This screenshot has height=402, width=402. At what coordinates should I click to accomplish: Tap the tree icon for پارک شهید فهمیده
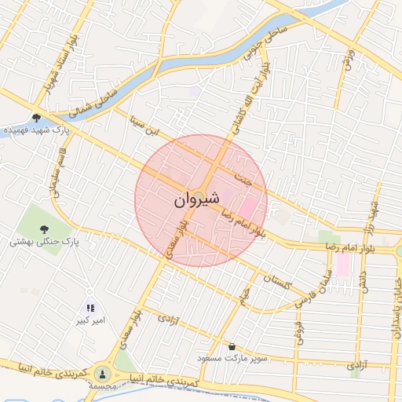click(x=36, y=118)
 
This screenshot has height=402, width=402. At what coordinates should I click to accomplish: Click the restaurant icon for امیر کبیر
click(x=90, y=307)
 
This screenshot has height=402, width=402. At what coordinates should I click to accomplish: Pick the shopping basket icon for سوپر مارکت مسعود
click(x=232, y=346)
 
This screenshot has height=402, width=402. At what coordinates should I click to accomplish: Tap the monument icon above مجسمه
click(x=103, y=373)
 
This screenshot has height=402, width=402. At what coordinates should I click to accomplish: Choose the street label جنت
click(x=247, y=180)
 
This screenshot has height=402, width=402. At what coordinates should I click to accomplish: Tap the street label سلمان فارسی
click(x=312, y=291)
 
